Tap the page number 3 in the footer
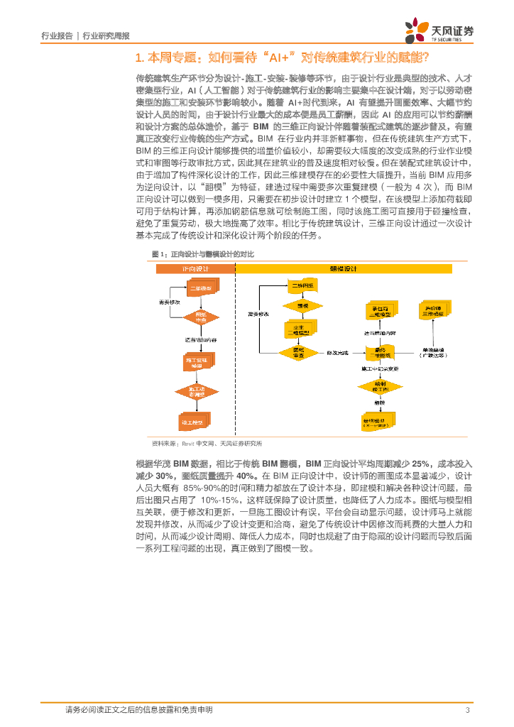[467, 710]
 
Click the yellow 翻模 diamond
[303, 305]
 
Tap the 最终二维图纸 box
[378, 352]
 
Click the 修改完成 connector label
[337, 353]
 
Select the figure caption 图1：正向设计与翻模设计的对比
[203, 253]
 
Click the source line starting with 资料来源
[202, 443]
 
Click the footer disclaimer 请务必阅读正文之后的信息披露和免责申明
[138, 710]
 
